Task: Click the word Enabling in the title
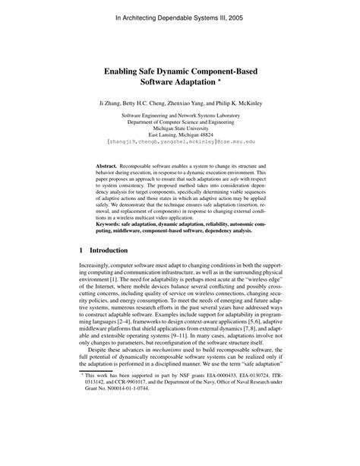127,66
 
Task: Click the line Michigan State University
179,128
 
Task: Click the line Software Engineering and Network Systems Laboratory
179,114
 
